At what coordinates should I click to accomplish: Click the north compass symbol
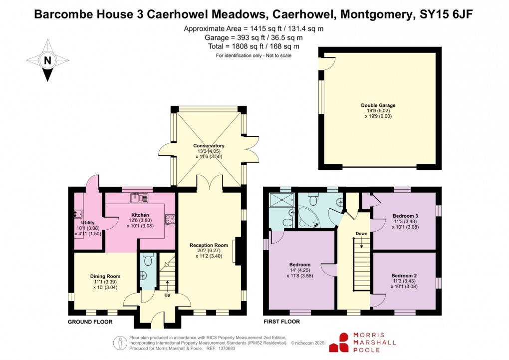pos(48,61)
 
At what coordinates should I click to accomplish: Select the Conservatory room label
pos(209,146)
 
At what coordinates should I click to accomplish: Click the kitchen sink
pos(138,198)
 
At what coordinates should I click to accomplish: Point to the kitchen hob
pos(169,219)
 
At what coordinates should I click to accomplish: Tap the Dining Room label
pos(105,276)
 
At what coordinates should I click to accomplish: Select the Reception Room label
pos(209,245)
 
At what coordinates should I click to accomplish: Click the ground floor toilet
pos(148,259)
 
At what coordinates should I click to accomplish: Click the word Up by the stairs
pos(167,295)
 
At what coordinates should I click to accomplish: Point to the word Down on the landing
pos(361,234)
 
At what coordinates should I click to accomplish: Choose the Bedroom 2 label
pos(404,276)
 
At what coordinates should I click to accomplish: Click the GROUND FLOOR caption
pos(90,322)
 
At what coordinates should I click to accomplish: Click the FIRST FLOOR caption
pos(281,322)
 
